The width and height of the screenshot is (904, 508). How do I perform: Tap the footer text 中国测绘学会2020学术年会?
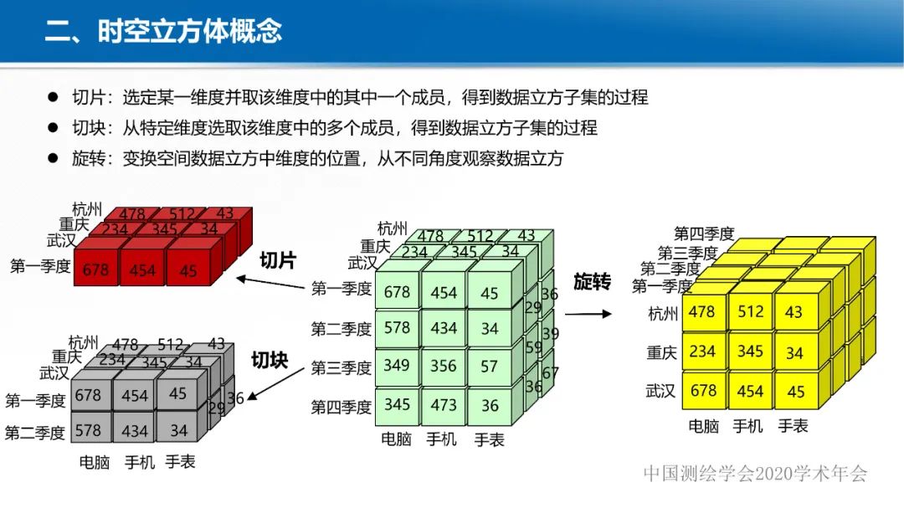pos(756,474)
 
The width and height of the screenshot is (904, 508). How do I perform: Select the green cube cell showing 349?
pos(397,365)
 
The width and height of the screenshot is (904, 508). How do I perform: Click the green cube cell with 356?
pos(444,365)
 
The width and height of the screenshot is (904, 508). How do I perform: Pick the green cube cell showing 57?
pos(490,366)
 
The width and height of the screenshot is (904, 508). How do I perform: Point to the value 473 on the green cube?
pos(444,405)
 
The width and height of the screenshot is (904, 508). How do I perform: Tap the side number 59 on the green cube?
pos(533,347)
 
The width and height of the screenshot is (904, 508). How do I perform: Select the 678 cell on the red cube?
pos(95,270)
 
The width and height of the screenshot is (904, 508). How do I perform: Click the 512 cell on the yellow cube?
pos(750,311)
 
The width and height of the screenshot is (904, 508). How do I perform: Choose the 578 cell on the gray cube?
pos(87,430)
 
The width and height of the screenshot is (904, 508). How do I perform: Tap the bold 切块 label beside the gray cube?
pos(270,361)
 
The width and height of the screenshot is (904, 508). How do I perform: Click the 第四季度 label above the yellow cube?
pos(704,233)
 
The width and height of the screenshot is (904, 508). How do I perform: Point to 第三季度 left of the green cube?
pos(341,367)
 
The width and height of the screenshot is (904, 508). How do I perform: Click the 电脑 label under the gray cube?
pos(95,461)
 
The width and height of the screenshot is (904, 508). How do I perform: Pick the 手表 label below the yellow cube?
pos(793,426)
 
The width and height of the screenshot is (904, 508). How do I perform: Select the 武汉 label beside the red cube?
pos(61,241)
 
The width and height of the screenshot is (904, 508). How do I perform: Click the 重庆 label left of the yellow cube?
pos(660,353)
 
